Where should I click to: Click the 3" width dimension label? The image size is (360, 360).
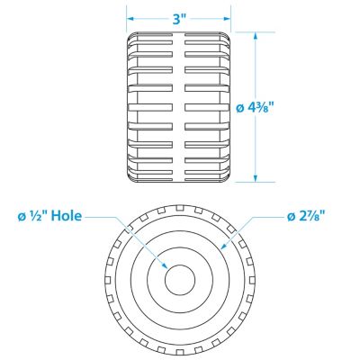180,19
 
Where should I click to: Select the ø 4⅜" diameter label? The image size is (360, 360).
256,107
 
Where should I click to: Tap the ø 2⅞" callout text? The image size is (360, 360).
306,216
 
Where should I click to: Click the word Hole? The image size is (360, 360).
67,216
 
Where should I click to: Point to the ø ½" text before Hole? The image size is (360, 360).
33,216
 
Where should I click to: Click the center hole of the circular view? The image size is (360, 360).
180,280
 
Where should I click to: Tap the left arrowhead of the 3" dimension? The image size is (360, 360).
130,19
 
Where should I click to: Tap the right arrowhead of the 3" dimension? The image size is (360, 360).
227,19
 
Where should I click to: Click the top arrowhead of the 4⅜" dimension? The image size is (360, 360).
256,36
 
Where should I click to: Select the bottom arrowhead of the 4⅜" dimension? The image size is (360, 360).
256,178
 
